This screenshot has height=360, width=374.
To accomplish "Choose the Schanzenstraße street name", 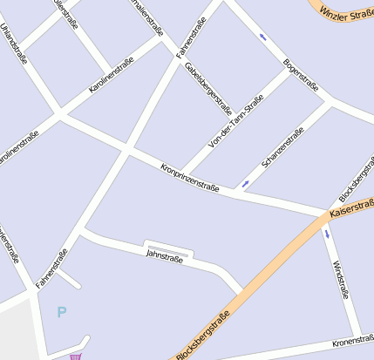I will click(x=282, y=148).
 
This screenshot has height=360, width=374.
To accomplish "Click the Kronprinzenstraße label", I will click(x=189, y=177).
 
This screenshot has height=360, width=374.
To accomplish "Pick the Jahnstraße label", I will click(x=164, y=255).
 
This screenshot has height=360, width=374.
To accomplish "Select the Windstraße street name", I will click(x=341, y=278).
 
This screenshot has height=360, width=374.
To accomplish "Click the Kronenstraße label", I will click(x=353, y=342).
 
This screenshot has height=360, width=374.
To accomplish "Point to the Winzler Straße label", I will click(x=346, y=13).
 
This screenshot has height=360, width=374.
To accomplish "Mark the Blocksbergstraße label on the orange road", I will click(x=202, y=335).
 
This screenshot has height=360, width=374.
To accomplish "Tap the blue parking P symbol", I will click(x=61, y=311).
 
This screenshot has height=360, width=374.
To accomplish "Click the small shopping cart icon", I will click(x=77, y=356).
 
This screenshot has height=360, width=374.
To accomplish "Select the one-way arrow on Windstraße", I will click(x=328, y=234).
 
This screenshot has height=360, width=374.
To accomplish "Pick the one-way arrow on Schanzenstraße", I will click(x=245, y=183).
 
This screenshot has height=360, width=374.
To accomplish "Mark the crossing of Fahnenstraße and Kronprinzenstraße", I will click(x=126, y=150).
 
